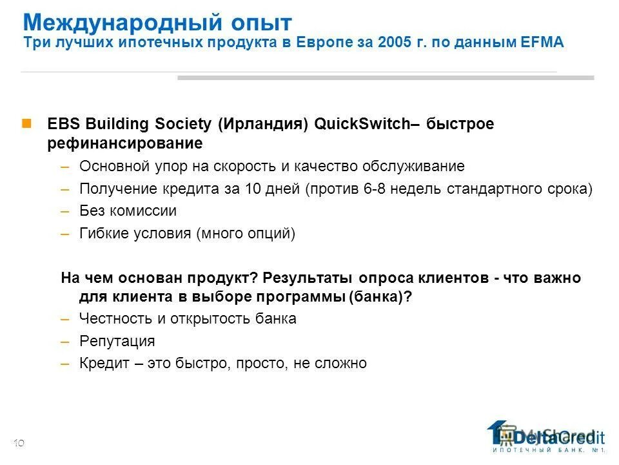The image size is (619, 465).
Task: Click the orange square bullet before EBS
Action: pyautogui.click(x=27, y=123)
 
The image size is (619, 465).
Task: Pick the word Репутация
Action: pyautogui.click(x=117, y=341)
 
